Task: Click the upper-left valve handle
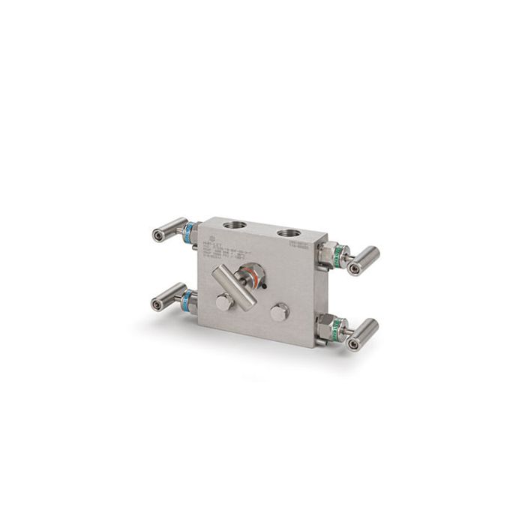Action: [166, 229]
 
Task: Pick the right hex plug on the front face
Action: [279, 313]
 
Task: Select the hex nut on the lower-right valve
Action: [324, 324]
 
